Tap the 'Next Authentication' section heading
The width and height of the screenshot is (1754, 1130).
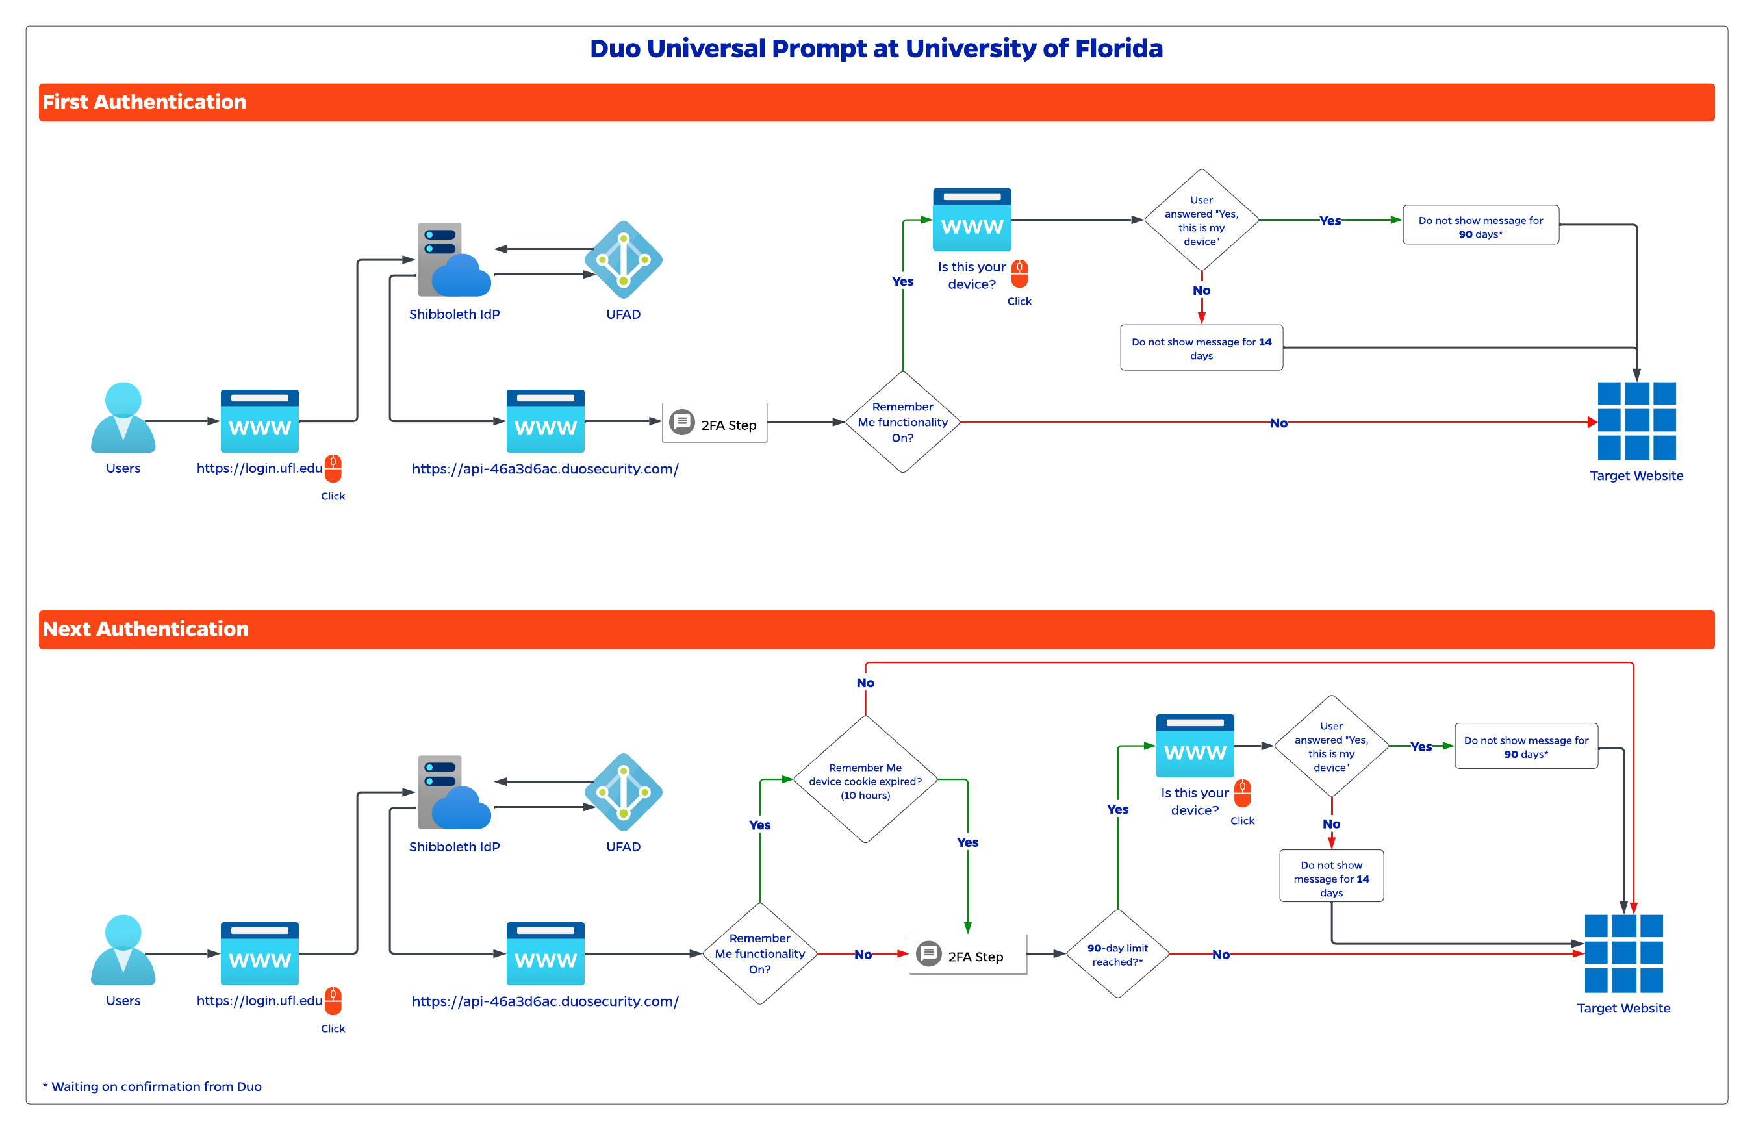click(146, 629)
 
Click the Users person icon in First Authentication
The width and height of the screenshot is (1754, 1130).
click(123, 418)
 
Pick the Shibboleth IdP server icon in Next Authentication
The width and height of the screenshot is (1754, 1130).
click(453, 793)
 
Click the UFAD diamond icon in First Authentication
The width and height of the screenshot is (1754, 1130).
click(623, 260)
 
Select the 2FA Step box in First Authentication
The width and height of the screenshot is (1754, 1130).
click(714, 423)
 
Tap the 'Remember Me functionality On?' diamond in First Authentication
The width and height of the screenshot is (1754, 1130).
click(903, 422)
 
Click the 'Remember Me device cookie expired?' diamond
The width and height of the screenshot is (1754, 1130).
click(865, 779)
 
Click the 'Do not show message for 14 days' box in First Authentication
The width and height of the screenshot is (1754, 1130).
click(1201, 348)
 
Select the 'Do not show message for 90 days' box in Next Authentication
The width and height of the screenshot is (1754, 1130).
click(1526, 746)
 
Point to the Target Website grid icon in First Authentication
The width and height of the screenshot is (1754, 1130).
click(1636, 421)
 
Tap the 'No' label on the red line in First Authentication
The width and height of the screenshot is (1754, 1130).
click(1278, 423)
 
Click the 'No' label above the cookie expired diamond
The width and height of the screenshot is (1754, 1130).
click(865, 683)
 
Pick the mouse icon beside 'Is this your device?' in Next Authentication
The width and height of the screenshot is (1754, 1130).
click(1243, 793)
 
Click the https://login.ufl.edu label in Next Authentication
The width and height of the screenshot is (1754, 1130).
click(259, 1001)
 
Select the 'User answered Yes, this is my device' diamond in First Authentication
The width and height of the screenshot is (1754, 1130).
click(1201, 220)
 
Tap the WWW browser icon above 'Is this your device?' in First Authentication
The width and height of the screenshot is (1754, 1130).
click(972, 220)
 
